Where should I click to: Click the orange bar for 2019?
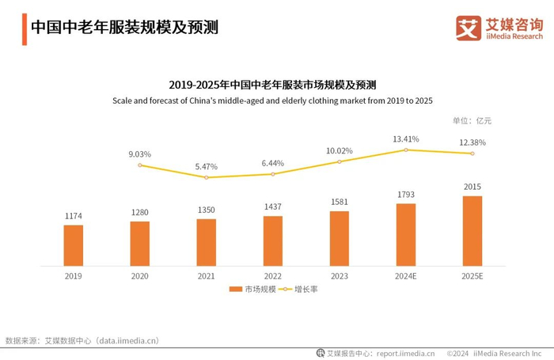(74, 246)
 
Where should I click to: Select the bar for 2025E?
(472, 231)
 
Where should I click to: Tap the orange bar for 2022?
(273, 241)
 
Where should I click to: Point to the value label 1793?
(406, 194)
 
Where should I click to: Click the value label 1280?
(140, 212)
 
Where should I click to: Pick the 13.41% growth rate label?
(406, 139)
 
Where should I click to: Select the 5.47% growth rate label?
(206, 167)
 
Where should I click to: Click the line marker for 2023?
(340, 161)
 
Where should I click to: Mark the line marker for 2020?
(140, 165)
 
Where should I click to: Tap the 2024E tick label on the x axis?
(406, 276)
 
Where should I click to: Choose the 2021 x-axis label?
(206, 276)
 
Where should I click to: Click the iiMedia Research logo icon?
(469, 28)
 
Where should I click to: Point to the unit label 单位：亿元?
(472, 121)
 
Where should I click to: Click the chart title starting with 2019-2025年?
(272, 84)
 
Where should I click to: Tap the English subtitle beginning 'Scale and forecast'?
(272, 100)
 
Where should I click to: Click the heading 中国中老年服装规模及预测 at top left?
(124, 27)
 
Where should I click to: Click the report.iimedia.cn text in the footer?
(404, 353)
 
